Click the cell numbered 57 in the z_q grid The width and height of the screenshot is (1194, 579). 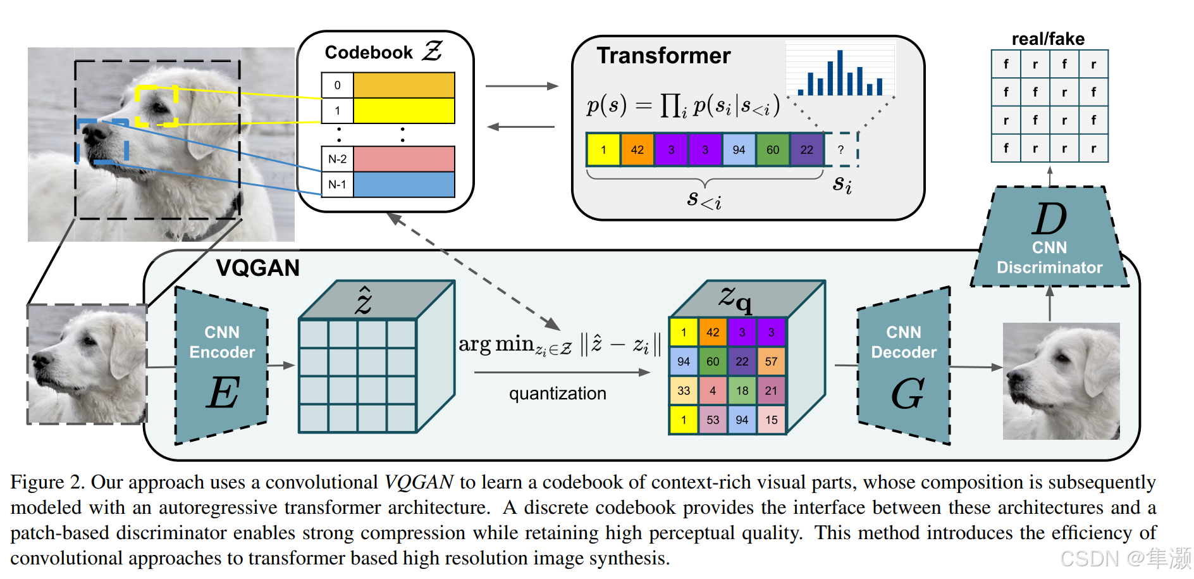[x=771, y=361]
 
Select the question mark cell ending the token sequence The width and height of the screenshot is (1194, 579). [x=840, y=150]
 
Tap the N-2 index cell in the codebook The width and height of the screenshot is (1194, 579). [x=337, y=159]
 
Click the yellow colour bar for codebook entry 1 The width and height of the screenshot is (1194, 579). [x=403, y=110]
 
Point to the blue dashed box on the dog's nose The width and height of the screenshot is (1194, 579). [x=102, y=141]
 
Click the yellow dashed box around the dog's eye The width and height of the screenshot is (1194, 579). [x=157, y=106]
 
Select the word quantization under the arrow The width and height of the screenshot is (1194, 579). [x=557, y=394]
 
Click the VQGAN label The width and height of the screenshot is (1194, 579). [x=257, y=268]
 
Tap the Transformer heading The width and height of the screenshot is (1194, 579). [x=663, y=56]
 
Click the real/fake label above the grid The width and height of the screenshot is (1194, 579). [x=1048, y=39]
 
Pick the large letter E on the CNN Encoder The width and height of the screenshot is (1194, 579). [x=223, y=392]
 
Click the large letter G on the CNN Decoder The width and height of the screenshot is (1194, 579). [x=907, y=394]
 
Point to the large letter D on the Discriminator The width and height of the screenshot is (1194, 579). [x=1050, y=219]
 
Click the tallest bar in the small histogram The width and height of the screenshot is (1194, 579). [x=840, y=73]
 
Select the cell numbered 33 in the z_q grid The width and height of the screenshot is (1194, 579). [x=684, y=390]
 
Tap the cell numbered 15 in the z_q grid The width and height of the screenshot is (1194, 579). [x=771, y=420]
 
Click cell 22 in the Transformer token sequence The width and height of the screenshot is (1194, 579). [x=806, y=150]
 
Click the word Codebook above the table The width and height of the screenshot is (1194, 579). [x=368, y=53]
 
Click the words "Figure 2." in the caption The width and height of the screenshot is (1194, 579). [x=47, y=482]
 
